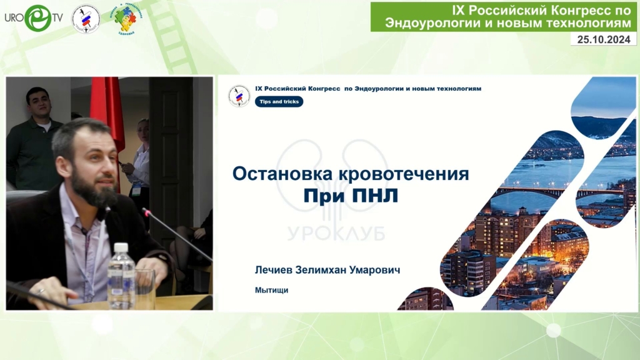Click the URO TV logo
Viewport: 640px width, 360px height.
34,18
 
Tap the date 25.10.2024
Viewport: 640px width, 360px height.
604,39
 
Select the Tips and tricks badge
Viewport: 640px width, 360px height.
279,102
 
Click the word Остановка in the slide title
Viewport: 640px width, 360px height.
282,174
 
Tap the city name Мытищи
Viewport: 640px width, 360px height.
271,290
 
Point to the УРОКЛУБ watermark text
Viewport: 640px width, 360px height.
336,233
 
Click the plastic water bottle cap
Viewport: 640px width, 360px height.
121,247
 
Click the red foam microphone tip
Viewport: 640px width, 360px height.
146,211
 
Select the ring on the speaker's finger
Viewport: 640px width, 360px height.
41,291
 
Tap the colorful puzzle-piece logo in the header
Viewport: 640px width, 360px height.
126,19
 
